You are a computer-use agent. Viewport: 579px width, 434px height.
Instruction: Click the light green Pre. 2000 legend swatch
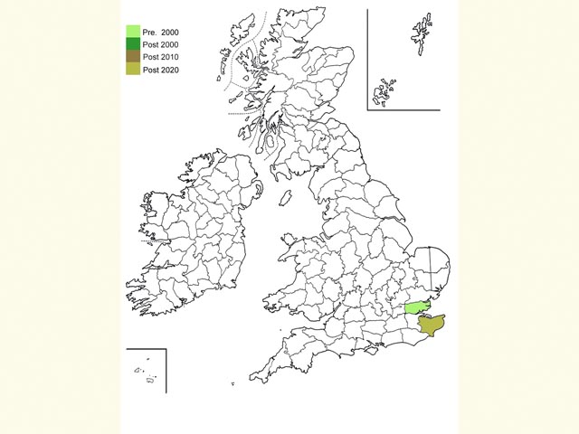click(x=133, y=32)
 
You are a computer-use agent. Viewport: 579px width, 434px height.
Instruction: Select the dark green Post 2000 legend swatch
click(x=133, y=44)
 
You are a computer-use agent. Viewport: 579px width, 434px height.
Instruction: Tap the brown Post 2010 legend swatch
click(x=133, y=57)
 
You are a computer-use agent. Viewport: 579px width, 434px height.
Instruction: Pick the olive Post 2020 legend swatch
click(x=133, y=70)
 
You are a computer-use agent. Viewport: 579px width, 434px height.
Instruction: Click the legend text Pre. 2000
click(x=161, y=32)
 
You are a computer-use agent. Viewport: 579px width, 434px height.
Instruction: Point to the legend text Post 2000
click(x=161, y=44)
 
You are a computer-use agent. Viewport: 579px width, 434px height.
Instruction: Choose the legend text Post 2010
click(x=161, y=57)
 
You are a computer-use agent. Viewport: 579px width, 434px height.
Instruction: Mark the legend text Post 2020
click(x=161, y=70)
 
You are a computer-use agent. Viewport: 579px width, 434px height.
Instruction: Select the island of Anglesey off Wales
click(x=288, y=240)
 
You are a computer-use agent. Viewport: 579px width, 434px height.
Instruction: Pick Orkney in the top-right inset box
click(x=386, y=90)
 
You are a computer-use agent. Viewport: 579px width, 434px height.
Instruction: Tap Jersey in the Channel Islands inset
click(x=149, y=379)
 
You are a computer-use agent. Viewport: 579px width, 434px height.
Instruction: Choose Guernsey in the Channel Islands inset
click(x=138, y=370)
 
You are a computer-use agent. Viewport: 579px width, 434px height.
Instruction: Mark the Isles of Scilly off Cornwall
click(x=232, y=383)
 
